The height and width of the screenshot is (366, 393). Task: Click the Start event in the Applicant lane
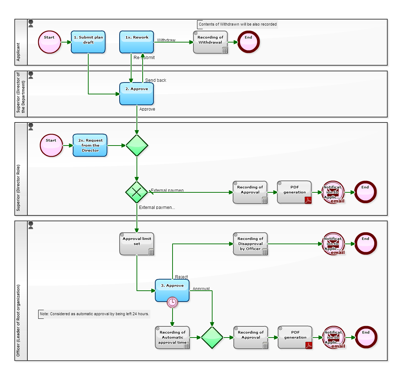point(49,42)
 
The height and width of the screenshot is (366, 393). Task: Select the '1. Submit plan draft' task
point(88,42)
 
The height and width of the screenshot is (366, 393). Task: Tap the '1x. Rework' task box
point(137,42)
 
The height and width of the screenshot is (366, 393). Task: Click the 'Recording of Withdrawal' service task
point(210,42)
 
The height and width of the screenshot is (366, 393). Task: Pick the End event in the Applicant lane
point(248,42)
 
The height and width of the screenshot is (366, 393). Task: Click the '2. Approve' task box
point(137,94)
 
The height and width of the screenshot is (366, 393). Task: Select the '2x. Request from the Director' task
point(90,145)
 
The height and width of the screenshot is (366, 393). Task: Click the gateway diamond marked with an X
point(137,192)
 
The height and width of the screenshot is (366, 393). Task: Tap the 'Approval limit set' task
point(137,244)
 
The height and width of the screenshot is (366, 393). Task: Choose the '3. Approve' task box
point(172,290)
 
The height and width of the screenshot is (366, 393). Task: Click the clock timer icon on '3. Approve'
point(172,302)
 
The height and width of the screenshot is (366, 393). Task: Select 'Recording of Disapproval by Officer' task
point(250,244)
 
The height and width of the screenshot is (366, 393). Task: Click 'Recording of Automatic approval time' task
point(172,338)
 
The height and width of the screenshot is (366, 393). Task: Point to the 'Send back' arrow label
point(156,80)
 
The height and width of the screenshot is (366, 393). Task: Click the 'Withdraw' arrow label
point(166,40)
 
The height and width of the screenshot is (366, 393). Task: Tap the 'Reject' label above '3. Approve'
point(181,277)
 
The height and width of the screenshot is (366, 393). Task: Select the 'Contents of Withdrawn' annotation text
point(238,24)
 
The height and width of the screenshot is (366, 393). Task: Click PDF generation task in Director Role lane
point(294,192)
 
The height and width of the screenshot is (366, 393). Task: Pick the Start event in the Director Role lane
point(51,145)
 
